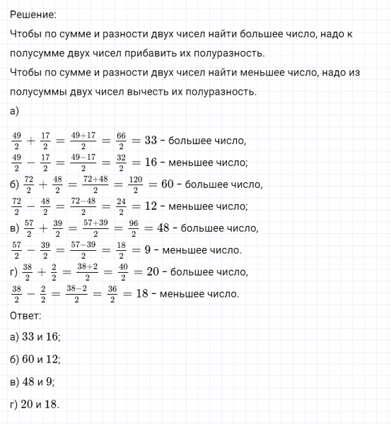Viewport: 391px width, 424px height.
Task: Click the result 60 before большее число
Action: [168, 184]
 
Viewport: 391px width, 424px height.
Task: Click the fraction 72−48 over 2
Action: [83, 207]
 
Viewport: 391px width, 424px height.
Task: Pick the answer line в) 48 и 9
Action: [34, 382]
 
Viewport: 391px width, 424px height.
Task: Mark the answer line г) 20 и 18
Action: [36, 404]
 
